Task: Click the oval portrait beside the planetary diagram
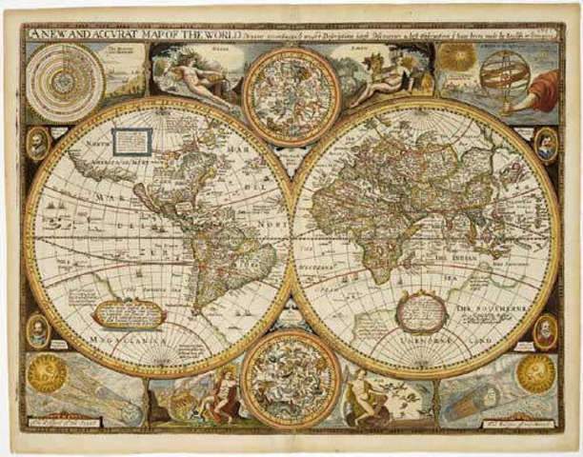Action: [x=36, y=144]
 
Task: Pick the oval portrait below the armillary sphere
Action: [x=545, y=145]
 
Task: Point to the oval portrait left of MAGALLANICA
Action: [x=36, y=330]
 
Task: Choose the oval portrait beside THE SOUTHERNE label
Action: [x=545, y=329]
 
